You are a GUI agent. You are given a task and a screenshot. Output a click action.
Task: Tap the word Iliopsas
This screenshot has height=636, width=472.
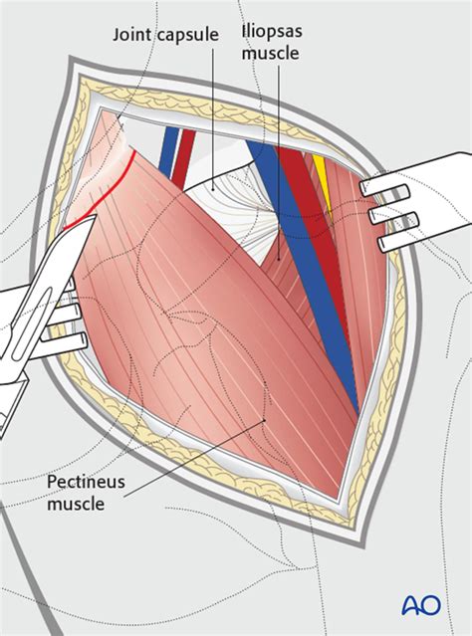pos(272,32)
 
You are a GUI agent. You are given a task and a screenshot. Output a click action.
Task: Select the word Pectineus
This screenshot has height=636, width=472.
pos(86,482)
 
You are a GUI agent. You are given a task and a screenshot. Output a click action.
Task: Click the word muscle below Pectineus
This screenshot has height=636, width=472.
pos(76,504)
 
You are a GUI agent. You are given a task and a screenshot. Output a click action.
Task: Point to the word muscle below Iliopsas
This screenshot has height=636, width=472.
pos(271,53)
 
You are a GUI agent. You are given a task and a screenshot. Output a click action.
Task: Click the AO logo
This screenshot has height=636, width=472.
pos(421,605)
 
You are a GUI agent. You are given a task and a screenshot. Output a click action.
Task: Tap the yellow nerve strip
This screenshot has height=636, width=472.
pos(325,183)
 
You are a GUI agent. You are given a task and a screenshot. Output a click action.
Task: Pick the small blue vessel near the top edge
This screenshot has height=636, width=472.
pos(168,151)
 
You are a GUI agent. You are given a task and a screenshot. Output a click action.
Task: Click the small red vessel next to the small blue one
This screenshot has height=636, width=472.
pos(184,155)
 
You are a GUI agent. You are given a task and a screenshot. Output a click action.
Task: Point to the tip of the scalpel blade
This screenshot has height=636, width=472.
pos(96,215)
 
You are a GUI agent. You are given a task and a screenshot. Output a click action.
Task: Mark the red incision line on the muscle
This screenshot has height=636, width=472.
pos(106,191)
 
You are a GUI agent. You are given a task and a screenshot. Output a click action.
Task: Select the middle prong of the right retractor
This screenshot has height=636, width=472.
pos(393,218)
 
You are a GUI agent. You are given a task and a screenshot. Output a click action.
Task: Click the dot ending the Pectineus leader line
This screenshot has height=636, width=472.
pos(265,420)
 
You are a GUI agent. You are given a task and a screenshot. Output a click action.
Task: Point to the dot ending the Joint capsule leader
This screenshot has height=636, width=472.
pos(213,188)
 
